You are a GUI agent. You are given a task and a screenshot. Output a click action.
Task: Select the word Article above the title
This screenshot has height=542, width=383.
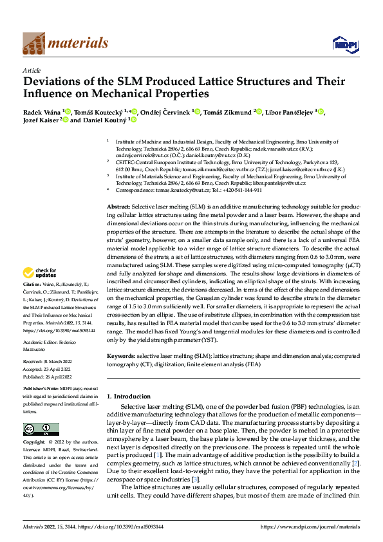[32, 70]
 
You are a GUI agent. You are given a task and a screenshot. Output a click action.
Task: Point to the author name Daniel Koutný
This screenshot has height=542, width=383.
[105, 120]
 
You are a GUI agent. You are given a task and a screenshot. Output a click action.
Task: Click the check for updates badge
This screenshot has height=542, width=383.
[41, 290]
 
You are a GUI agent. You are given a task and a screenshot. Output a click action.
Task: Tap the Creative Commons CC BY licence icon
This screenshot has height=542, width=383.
[41, 429]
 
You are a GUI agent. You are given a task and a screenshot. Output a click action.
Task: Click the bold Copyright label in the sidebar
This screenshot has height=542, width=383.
[33, 443]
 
